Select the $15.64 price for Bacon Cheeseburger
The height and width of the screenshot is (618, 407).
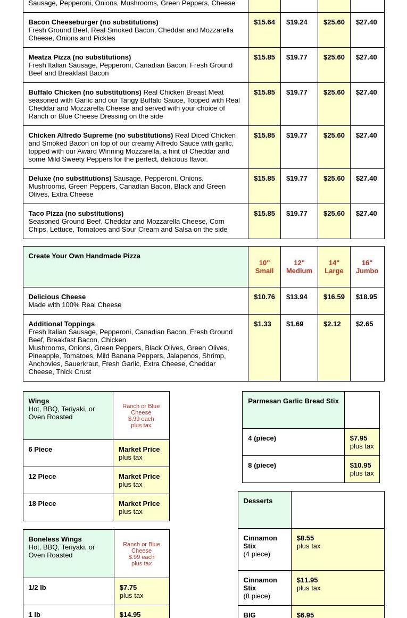point(264,22)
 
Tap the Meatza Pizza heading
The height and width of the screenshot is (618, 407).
point(79,57)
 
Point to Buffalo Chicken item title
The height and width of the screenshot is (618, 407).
point(85,92)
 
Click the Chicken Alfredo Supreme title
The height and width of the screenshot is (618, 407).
point(101,136)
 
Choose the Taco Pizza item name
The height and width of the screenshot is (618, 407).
point(76,214)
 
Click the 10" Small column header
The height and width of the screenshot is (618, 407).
point(264,267)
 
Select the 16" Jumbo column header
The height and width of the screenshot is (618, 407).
point(367,267)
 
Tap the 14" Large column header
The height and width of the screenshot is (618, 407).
point(334,267)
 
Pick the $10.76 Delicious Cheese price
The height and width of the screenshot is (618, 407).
point(264,297)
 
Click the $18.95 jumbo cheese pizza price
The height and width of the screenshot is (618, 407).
point(366,297)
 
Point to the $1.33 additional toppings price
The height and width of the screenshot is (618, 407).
point(262,324)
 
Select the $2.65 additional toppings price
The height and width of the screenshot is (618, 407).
point(364,324)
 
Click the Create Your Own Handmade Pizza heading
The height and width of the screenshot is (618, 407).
point(84,256)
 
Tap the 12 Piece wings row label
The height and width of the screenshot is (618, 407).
point(42,477)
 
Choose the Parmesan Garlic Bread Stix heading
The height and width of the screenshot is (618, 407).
point(293,401)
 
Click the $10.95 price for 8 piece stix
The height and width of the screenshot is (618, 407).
point(360,465)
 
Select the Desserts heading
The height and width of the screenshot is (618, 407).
point(258,501)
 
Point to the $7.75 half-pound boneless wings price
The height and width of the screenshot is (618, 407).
point(128,588)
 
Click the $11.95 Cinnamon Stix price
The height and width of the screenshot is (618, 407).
point(307,580)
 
